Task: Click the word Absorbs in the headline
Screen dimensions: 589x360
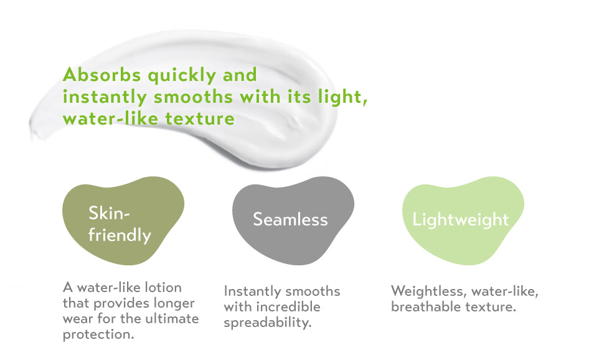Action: pos(101,74)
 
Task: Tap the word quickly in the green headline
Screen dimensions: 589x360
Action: pos(182,75)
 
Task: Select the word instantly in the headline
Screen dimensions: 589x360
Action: pos(105,97)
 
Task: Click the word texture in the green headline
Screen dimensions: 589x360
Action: pos(200,119)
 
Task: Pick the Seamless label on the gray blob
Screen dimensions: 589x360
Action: pos(290,219)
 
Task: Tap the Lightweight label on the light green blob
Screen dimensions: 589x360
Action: pos(461,220)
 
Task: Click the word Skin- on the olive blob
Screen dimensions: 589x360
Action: pos(109,213)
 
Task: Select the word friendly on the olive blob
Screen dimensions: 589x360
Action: pos(120,235)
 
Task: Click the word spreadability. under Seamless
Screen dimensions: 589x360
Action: pos(268,323)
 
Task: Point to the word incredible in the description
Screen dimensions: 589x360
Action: pos(288,306)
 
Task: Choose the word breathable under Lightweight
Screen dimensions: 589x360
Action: pos(426,306)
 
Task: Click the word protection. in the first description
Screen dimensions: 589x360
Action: pos(98,334)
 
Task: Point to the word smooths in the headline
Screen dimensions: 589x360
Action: pos(193,97)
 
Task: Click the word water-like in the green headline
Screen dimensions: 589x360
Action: pos(110,119)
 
